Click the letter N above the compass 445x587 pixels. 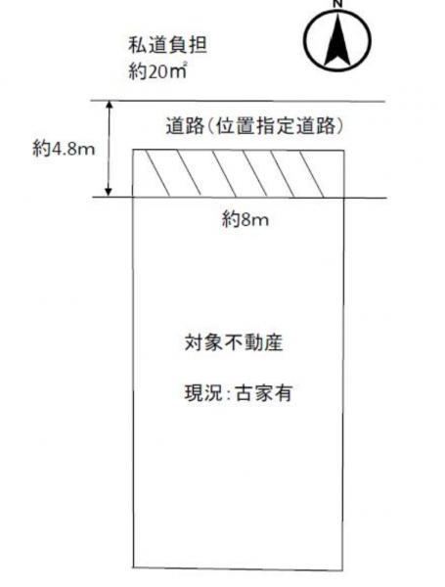[338, 3]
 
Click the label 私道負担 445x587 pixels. [167, 45]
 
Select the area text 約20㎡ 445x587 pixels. [157, 70]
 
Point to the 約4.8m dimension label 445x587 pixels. [64, 150]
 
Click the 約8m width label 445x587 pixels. [245, 218]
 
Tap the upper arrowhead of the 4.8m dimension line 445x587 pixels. [109, 105]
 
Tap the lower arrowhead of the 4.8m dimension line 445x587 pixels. [109, 192]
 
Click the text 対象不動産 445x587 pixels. [234, 343]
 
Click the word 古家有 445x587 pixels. [263, 393]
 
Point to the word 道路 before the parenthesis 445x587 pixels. [185, 125]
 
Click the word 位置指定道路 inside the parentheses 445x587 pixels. [275, 125]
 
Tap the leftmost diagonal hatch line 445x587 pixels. [157, 173]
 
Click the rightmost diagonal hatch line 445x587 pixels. [312, 174]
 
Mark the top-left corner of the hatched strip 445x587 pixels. [134, 150]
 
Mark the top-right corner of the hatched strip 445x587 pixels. [344, 151]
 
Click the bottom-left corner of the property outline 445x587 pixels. [134, 566]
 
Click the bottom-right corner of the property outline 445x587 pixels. [342, 570]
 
